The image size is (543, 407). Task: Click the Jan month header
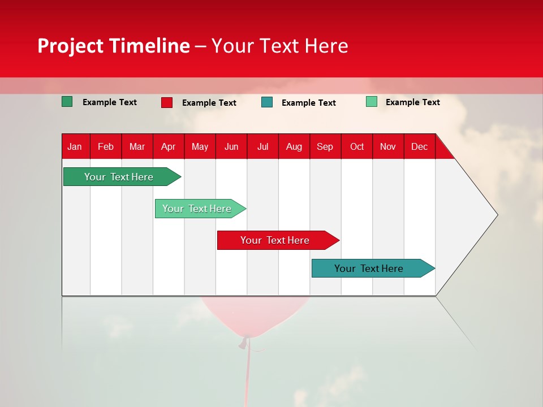tap(75, 146)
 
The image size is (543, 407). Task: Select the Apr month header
tap(168, 146)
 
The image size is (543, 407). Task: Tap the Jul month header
tap(262, 146)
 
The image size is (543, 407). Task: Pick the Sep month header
tap(325, 146)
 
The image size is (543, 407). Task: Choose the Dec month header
tap(419, 146)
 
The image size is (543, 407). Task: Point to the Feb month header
tap(106, 146)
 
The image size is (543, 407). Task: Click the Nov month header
tap(387, 146)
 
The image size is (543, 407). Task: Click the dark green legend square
tap(67, 102)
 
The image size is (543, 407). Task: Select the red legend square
tap(167, 102)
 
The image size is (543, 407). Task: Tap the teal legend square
tap(267, 102)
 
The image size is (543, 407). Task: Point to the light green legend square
tap(372, 102)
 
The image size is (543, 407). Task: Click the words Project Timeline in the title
tap(113, 46)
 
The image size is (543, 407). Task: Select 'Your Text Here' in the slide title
tap(279, 46)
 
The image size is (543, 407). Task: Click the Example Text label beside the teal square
tap(309, 103)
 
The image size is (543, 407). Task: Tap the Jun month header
tap(231, 146)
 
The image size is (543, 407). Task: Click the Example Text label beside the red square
tap(209, 103)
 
